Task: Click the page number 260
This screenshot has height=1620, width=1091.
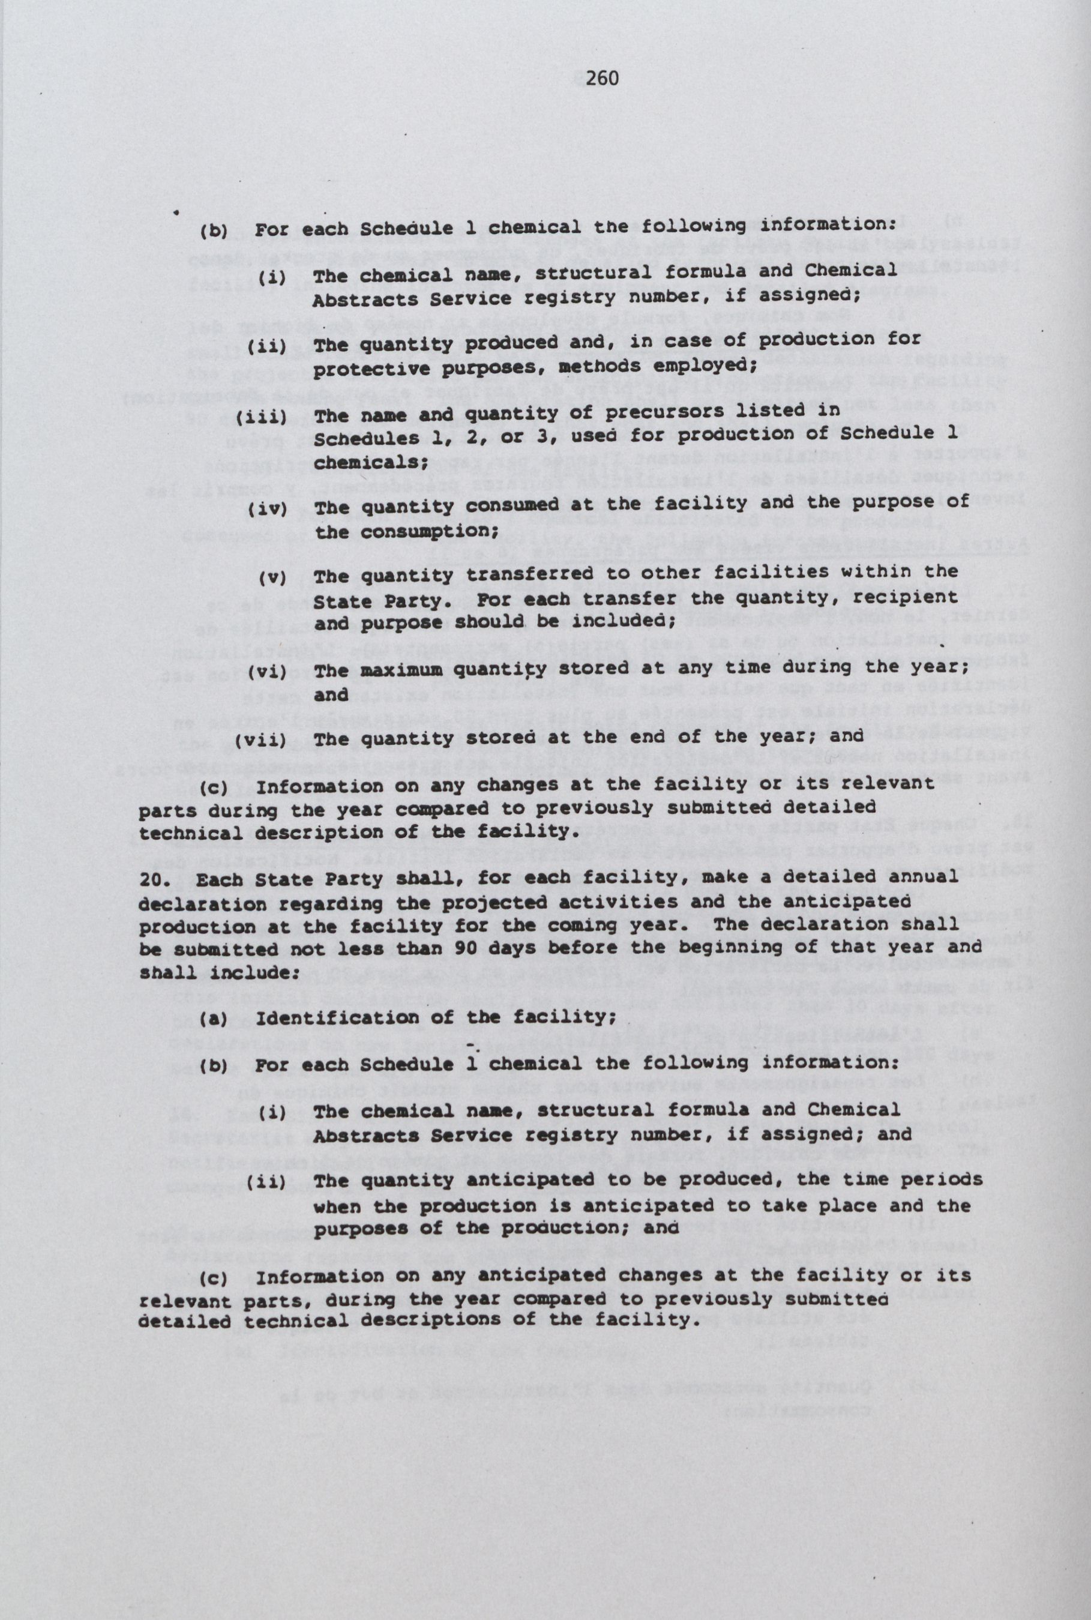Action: [602, 79]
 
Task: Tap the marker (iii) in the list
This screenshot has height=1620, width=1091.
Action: [261, 417]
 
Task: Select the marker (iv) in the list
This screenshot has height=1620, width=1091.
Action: [267, 508]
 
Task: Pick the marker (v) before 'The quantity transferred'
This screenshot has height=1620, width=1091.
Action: [272, 577]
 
